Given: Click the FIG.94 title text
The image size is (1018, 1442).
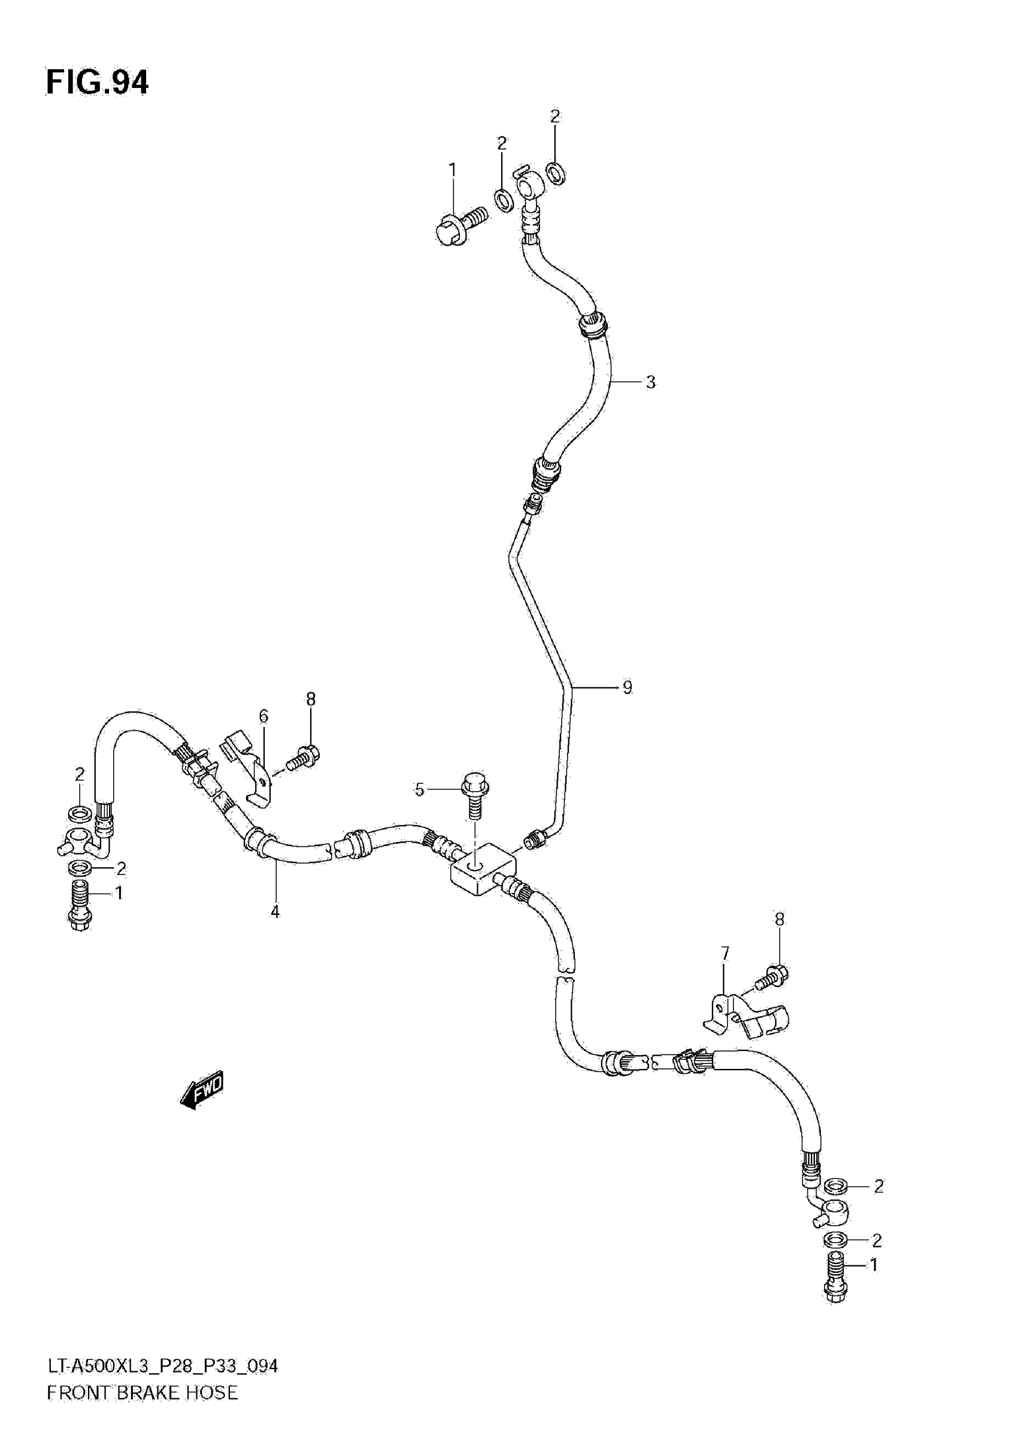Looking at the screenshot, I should [x=98, y=83].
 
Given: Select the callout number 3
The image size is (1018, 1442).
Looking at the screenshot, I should [x=650, y=382].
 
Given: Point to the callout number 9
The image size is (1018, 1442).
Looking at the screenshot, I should [x=628, y=687].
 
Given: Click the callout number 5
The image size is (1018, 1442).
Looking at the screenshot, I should [x=420, y=789].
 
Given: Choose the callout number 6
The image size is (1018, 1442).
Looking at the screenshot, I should [x=263, y=716].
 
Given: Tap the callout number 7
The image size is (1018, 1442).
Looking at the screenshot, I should [x=725, y=954].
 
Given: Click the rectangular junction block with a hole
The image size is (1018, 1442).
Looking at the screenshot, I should [x=482, y=873].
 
